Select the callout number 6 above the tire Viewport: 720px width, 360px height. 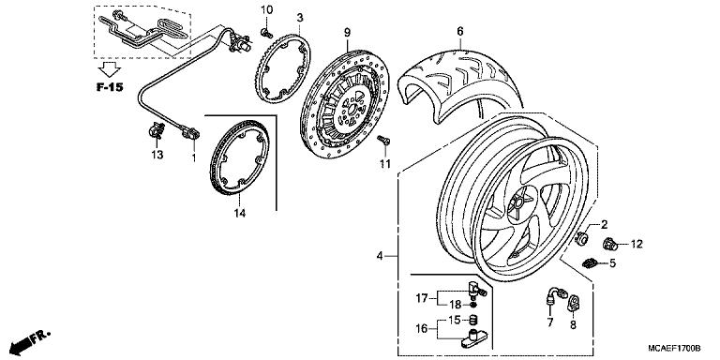(460, 32)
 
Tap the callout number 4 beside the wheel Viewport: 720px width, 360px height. (381, 255)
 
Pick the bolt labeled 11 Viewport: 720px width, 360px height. (382, 140)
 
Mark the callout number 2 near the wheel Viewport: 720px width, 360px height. (605, 223)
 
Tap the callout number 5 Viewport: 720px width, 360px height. (612, 264)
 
